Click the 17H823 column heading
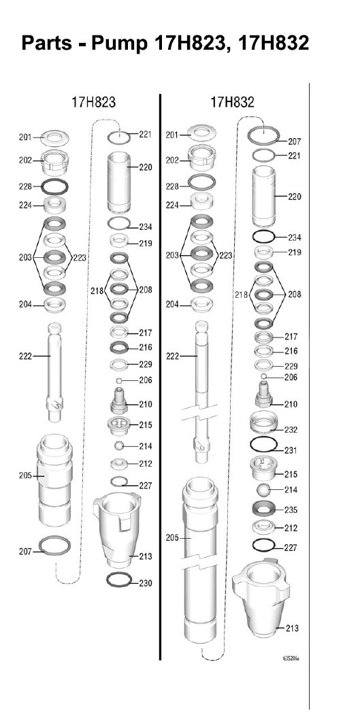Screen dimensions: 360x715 point(93,101)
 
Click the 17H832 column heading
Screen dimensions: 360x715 point(232,101)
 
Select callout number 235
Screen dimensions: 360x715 point(291,510)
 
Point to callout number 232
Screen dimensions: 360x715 point(291,429)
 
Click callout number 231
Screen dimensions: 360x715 point(291,450)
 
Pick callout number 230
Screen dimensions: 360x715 point(146,583)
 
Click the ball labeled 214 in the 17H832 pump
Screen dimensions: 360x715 point(264,490)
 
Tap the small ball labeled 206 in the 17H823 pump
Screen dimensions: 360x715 point(119,380)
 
